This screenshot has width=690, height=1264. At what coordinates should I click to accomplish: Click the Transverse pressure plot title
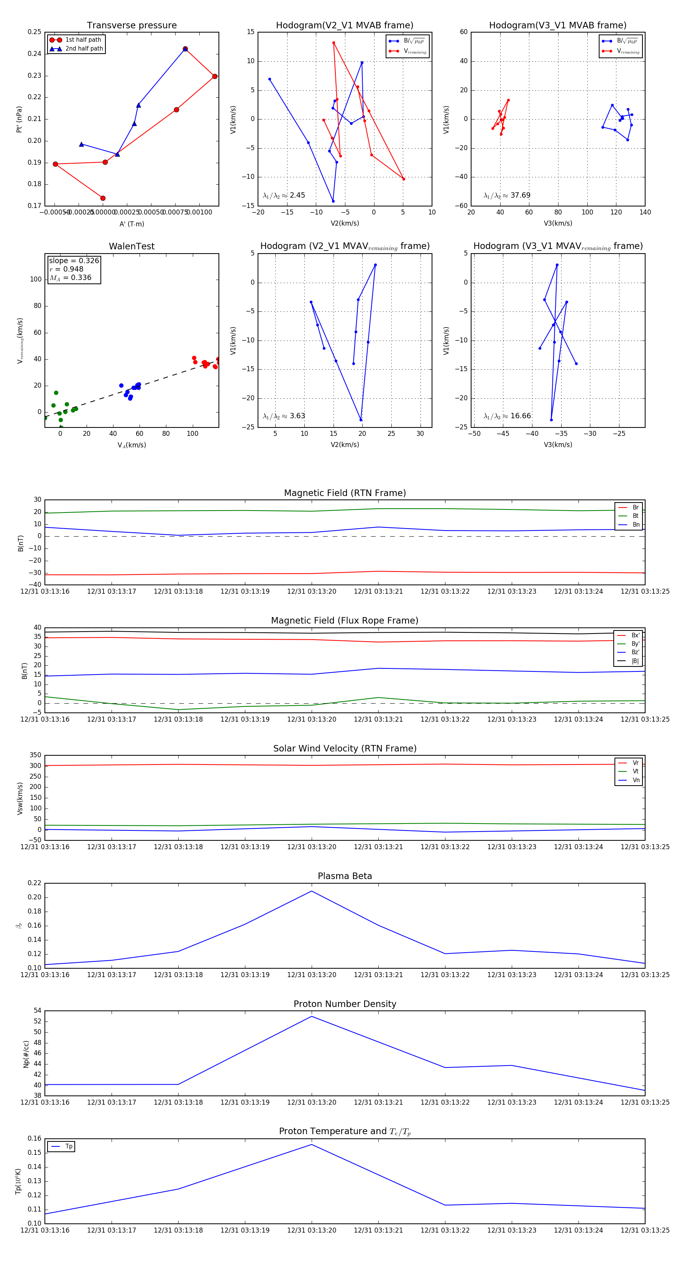pyautogui.click(x=131, y=26)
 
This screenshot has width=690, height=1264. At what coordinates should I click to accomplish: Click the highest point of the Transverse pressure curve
pyautogui.click(x=185, y=49)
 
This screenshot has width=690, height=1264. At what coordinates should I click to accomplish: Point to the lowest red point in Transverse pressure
pyautogui.click(x=103, y=198)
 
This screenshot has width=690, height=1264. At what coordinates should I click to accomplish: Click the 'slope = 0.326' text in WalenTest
pyautogui.click(x=74, y=260)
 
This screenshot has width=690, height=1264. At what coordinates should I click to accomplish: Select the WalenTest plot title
pyautogui.click(x=131, y=246)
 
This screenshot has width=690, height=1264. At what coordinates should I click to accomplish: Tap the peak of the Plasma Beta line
pyautogui.click(x=311, y=891)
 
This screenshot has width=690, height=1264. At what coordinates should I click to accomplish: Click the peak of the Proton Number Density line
pyautogui.click(x=311, y=1016)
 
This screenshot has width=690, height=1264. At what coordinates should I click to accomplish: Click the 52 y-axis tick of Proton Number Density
pyautogui.click(x=37, y=1022)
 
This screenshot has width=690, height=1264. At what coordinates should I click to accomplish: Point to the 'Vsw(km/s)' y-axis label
pyautogui.click(x=20, y=798)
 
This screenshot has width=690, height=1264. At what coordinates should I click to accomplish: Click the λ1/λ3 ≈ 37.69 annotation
pyautogui.click(x=507, y=195)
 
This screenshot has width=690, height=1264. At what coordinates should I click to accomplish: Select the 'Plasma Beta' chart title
pyautogui.click(x=345, y=876)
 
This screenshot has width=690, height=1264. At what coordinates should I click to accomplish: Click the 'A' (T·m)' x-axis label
pyautogui.click(x=131, y=224)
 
